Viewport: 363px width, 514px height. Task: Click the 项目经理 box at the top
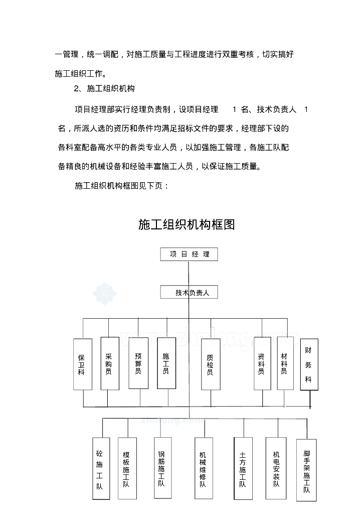click(190, 254)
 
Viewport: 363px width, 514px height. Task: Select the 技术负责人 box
click(189, 292)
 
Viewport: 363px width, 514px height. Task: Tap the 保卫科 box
click(82, 364)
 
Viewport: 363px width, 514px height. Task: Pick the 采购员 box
click(109, 363)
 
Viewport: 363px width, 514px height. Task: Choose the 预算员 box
click(138, 363)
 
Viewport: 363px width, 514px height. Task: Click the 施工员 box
click(166, 363)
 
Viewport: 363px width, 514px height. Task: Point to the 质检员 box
click(211, 364)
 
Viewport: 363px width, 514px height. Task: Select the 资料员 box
click(262, 363)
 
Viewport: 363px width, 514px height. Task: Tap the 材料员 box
click(285, 363)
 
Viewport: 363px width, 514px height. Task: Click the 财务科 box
click(309, 365)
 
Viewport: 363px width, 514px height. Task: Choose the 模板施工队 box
click(127, 468)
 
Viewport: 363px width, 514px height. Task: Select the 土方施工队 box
click(243, 469)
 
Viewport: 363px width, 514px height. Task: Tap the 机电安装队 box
click(276, 468)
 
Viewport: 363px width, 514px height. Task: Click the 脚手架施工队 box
click(307, 470)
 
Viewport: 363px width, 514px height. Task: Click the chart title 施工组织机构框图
click(187, 224)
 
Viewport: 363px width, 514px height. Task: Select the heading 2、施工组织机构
click(104, 88)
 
